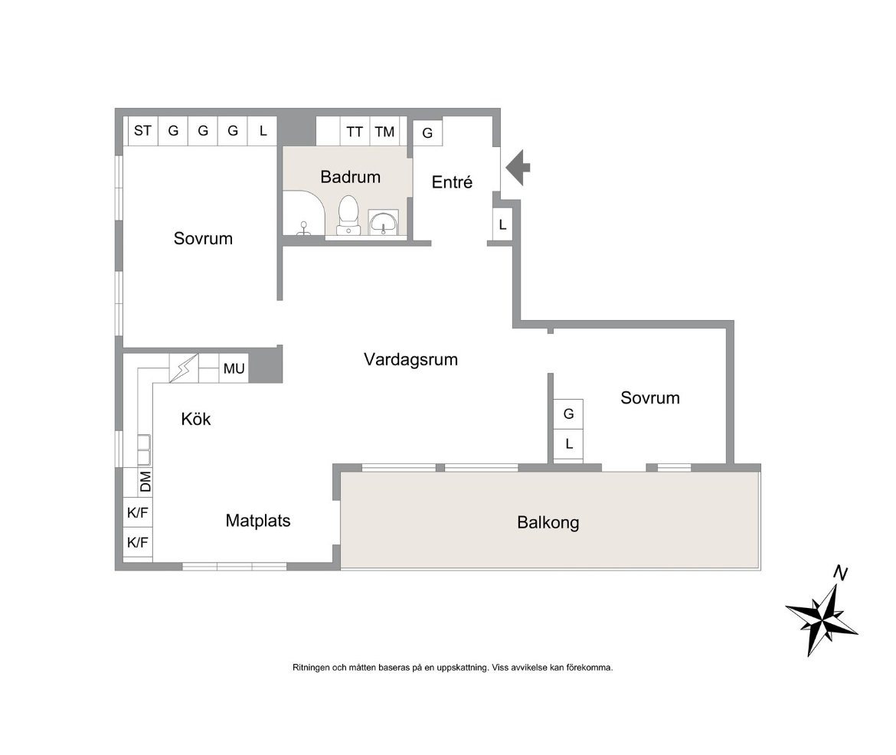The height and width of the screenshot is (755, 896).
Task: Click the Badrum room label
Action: (x=350, y=177)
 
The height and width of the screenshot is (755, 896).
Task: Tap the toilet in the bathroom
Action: (x=348, y=215)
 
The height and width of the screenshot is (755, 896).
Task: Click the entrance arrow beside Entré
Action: (x=518, y=168)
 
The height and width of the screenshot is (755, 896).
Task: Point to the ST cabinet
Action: (x=142, y=131)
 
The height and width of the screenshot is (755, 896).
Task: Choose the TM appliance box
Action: (x=384, y=132)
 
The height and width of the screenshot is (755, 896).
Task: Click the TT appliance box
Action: (x=355, y=132)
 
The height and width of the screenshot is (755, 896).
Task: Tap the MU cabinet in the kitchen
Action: (x=234, y=368)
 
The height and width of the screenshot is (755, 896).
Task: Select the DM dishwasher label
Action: (x=146, y=481)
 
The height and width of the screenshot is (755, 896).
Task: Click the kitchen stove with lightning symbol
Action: (x=184, y=368)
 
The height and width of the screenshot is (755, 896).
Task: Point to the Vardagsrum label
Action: (x=410, y=359)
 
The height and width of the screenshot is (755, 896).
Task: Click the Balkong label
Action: (x=548, y=522)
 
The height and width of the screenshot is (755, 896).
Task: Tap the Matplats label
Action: (x=258, y=521)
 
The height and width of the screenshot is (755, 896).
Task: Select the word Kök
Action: (x=196, y=419)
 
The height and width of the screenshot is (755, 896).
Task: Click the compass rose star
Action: (x=822, y=619)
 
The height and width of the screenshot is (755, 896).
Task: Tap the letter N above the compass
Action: (x=839, y=572)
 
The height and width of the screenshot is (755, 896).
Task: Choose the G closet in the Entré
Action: (x=427, y=132)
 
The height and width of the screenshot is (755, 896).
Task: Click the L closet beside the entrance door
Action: (x=502, y=224)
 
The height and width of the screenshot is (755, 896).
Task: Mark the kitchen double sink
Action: (x=144, y=449)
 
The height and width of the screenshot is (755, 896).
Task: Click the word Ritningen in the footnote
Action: (x=312, y=667)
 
